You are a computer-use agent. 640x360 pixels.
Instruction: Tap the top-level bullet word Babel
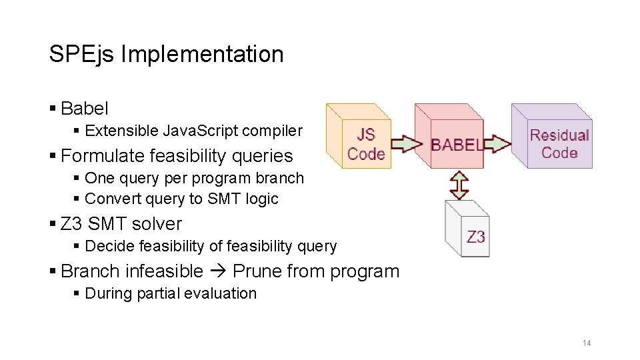(84, 108)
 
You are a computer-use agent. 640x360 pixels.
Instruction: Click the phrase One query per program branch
(194, 179)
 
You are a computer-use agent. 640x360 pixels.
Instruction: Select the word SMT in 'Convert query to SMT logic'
(221, 199)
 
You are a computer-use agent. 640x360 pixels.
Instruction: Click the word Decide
(106, 246)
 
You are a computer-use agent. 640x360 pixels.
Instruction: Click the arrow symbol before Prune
(217, 271)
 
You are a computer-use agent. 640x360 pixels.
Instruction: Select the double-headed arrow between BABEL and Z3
(459, 185)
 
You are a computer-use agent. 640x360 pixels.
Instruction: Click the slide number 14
(587, 343)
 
